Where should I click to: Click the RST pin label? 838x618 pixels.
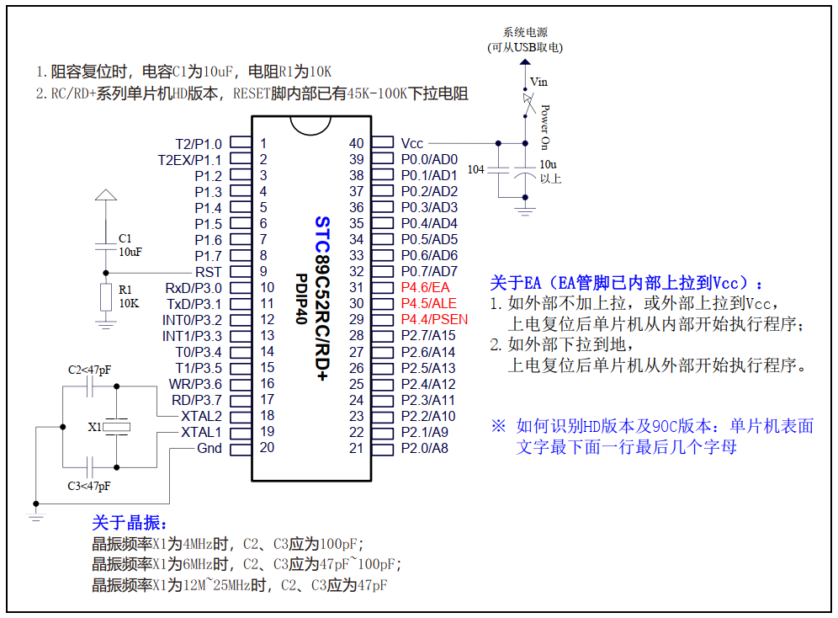208,272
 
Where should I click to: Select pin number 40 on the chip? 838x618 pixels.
357,144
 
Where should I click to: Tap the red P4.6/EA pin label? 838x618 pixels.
426,288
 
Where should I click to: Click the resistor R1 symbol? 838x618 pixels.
105,297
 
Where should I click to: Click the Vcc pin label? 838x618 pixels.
412,144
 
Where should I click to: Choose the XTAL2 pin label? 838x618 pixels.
201,416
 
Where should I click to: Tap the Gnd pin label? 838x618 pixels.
209,448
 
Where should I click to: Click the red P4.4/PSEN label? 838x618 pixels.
434,320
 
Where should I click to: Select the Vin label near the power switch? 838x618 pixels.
538,82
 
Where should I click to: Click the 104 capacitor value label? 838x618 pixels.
475,170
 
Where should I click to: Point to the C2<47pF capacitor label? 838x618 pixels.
89,370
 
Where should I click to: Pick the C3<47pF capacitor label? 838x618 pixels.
89,486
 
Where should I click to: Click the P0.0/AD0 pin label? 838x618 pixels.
429,160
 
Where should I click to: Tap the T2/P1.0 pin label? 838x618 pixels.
199,144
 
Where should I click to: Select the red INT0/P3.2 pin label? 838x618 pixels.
192,320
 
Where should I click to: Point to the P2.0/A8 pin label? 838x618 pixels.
425,448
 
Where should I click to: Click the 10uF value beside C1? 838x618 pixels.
130,251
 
